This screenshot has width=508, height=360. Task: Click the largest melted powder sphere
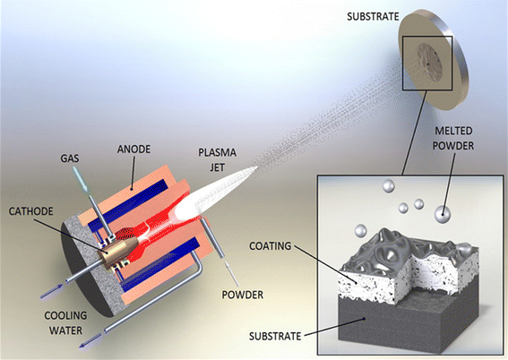pos(442,215)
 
